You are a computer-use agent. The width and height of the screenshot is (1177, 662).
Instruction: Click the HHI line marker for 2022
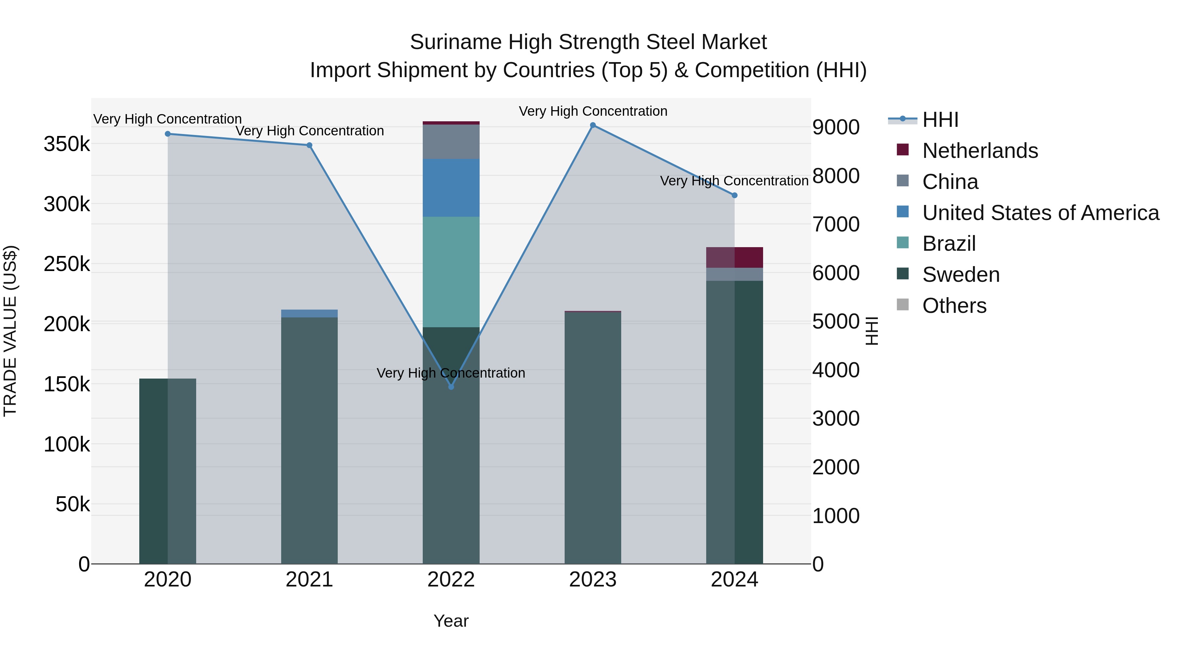click(451, 387)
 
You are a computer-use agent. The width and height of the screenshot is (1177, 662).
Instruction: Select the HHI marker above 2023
click(593, 125)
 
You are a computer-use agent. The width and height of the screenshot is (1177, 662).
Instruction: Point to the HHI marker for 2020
click(168, 134)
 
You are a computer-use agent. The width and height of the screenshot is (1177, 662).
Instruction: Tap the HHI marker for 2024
click(734, 195)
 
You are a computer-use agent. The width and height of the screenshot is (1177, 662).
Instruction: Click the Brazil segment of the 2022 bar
click(451, 272)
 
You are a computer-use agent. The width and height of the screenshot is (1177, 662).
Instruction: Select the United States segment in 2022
click(451, 188)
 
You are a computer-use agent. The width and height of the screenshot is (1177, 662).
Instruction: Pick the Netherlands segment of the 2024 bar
click(734, 258)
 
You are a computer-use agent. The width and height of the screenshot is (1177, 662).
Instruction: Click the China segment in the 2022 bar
click(451, 142)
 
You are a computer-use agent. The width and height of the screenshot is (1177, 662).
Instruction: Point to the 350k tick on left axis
click(67, 144)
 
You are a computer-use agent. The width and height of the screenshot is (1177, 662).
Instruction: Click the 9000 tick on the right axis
click(836, 127)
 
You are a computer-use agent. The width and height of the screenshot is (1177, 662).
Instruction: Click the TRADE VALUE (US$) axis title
click(10, 331)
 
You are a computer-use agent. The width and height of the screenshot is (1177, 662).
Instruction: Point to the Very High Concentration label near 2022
click(451, 373)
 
